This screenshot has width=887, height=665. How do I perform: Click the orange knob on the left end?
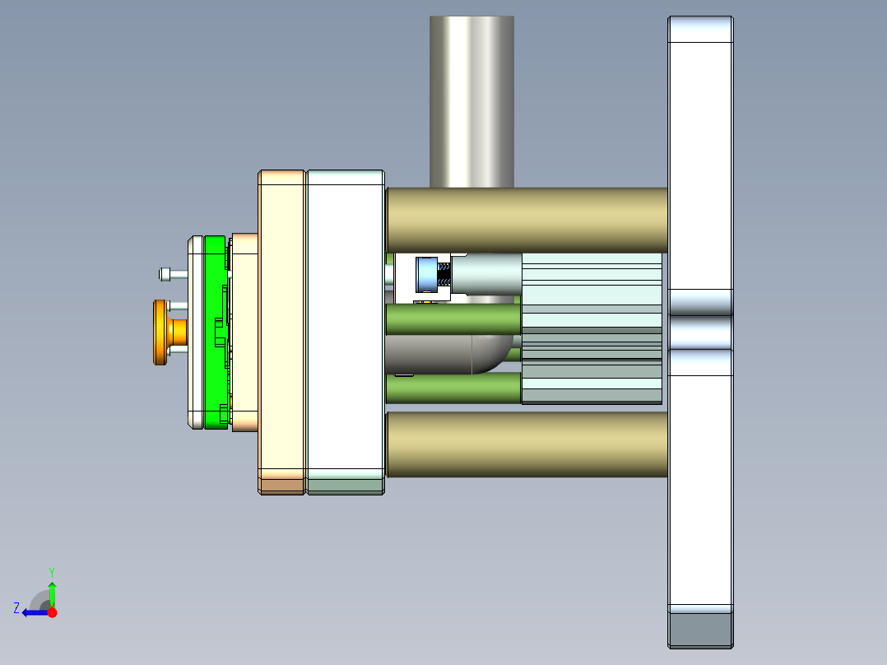(x=160, y=332)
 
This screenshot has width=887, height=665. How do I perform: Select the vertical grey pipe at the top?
(x=471, y=99)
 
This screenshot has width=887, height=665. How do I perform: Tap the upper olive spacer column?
(x=527, y=220)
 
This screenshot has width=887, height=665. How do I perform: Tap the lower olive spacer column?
(x=527, y=444)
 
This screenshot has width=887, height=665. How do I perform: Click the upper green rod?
(x=453, y=319)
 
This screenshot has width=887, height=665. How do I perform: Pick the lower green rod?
(x=453, y=388)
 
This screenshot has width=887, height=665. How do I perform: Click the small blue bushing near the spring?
(x=427, y=275)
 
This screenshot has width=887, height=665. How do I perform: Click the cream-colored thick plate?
(x=282, y=329)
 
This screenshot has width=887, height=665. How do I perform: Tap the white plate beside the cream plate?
(x=346, y=329)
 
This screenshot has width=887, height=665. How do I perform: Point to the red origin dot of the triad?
(x=52, y=612)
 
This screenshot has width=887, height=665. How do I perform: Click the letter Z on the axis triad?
(x=16, y=607)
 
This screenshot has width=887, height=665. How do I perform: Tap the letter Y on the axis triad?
(x=51, y=571)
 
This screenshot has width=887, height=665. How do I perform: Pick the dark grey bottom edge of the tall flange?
(x=700, y=630)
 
